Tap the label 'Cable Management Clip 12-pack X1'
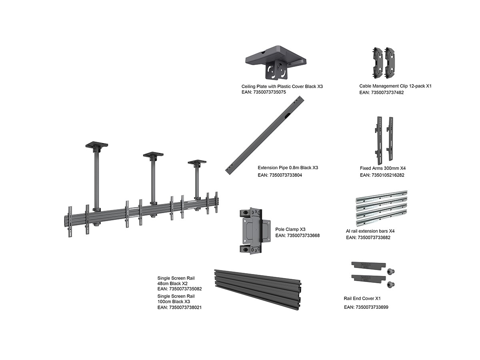pos(395,86)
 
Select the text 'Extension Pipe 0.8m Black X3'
pos(288,168)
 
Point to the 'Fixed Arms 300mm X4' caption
pos(383,168)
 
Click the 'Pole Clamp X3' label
pos(290,229)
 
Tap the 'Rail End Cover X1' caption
pos(362,298)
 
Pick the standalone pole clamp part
pos(255,231)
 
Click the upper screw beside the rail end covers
pos(390,272)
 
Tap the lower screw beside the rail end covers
pos(390,284)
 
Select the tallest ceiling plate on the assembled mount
pos(96,145)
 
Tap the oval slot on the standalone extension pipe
pos(288,115)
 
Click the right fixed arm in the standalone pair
pos(390,139)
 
